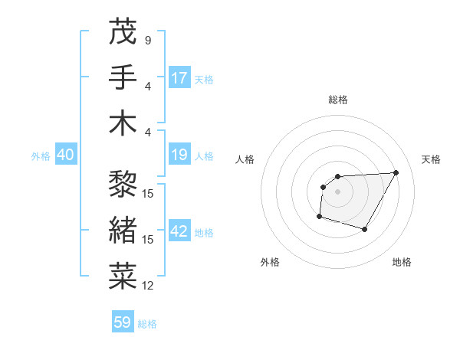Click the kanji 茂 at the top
click(123, 31)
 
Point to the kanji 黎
click(123, 185)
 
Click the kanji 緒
click(123, 231)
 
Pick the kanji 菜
click(123, 277)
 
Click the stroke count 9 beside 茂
click(147, 41)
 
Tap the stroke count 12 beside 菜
click(148, 286)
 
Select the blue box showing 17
click(179, 78)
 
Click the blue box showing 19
click(179, 155)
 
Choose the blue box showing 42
click(179, 232)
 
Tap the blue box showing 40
click(65, 155)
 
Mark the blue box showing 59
click(123, 322)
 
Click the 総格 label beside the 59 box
click(147, 324)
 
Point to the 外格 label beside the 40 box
click(41, 156)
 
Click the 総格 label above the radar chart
click(337, 100)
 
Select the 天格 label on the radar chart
click(431, 159)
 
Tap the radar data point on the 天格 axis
click(396, 172)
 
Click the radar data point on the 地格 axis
click(365, 229)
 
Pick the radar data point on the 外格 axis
click(319, 217)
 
